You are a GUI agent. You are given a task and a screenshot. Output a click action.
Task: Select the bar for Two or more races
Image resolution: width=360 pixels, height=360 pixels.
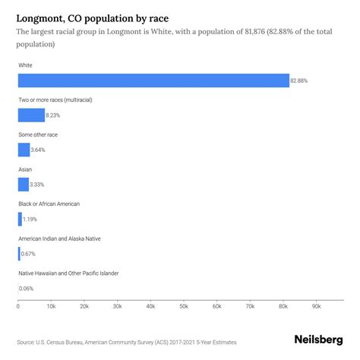[x=31, y=115]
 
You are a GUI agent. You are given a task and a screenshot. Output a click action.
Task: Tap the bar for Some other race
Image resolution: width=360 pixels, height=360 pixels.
[x=24, y=150]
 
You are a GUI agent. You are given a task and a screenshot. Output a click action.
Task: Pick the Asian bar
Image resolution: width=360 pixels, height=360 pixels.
[x=23, y=185]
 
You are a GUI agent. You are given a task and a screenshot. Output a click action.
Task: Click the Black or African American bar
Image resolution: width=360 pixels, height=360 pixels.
[x=20, y=219]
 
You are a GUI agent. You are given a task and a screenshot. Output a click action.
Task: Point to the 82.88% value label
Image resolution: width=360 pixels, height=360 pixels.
[x=301, y=81]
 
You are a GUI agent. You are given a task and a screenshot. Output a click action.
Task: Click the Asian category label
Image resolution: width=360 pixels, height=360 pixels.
[x=24, y=169]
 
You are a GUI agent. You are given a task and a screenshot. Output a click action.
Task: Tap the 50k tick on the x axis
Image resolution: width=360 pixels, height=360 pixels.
[x=184, y=307]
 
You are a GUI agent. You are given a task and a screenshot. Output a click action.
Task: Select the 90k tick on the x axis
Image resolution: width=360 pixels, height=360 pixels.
[x=316, y=307]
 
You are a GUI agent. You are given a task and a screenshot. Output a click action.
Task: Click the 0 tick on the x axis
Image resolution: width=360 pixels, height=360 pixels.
[x=18, y=307]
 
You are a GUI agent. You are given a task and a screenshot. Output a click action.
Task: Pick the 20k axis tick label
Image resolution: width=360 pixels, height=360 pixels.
[x=84, y=307]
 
